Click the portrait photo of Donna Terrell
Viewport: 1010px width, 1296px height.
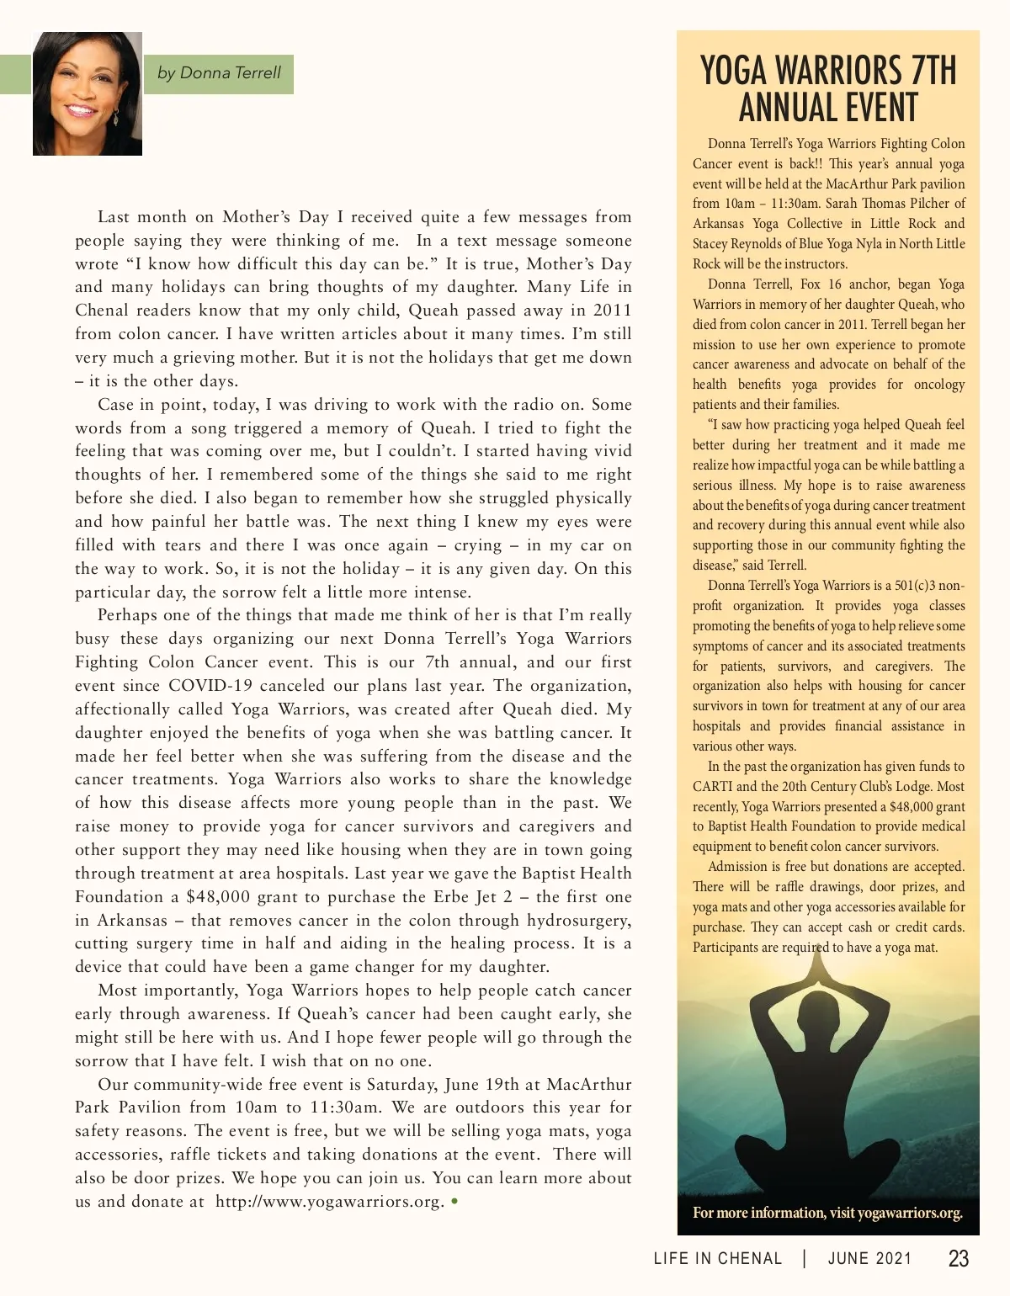click(x=88, y=93)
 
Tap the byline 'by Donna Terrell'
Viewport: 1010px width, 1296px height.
click(x=219, y=73)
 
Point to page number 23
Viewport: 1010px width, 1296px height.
click(x=958, y=1258)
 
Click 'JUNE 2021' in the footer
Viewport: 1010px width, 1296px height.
click(x=869, y=1258)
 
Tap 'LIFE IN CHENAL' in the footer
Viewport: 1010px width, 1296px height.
click(x=718, y=1258)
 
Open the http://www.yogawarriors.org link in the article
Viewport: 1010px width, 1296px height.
click(x=328, y=1202)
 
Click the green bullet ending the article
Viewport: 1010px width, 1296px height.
click(x=454, y=1201)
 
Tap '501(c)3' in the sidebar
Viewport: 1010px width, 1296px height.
click(x=912, y=586)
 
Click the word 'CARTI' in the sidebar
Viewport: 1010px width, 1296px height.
click(x=711, y=787)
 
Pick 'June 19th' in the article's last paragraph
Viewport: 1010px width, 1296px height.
click(x=476, y=1084)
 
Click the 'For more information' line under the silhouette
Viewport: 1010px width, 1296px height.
click(x=827, y=1213)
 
